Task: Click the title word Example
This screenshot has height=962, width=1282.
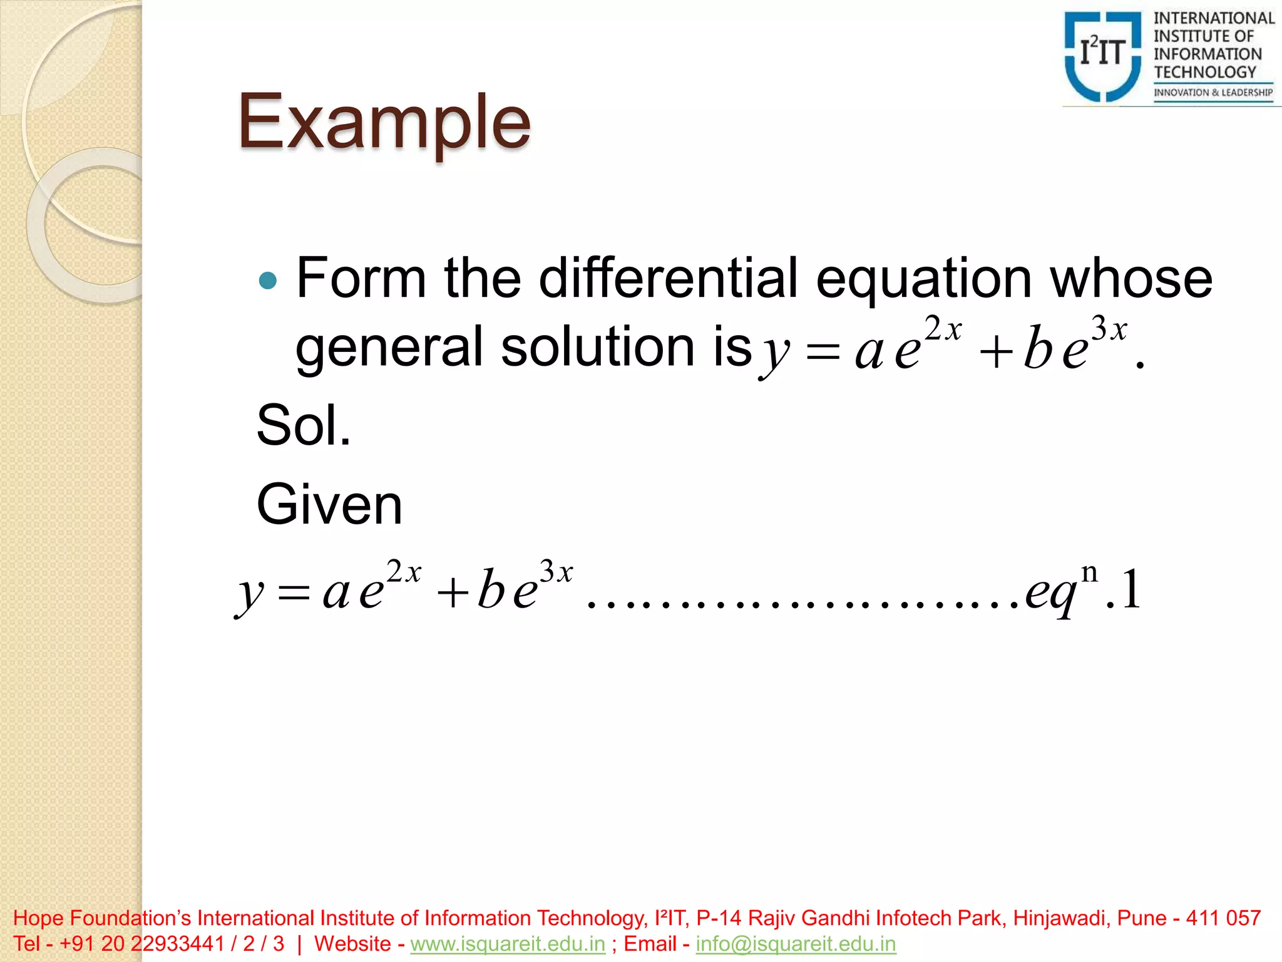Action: (384, 122)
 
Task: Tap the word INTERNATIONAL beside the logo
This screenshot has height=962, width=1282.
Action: (1214, 19)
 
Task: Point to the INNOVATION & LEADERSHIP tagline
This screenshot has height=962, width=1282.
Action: (1213, 93)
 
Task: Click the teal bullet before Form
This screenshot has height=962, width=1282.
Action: (267, 280)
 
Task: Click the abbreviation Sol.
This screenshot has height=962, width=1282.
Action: (304, 425)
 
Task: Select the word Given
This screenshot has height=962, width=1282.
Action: (329, 505)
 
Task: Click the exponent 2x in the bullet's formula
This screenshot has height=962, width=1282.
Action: (943, 329)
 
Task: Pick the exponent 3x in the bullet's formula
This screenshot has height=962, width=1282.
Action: (1109, 329)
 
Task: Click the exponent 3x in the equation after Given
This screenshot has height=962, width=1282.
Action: (556, 572)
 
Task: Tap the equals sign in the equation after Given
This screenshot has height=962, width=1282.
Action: (294, 592)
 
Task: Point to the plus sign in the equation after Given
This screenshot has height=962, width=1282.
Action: (453, 592)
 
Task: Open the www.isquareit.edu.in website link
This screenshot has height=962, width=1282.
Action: (508, 944)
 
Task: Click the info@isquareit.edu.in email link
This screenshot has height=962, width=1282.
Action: (796, 944)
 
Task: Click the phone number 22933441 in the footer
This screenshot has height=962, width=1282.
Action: (177, 944)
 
